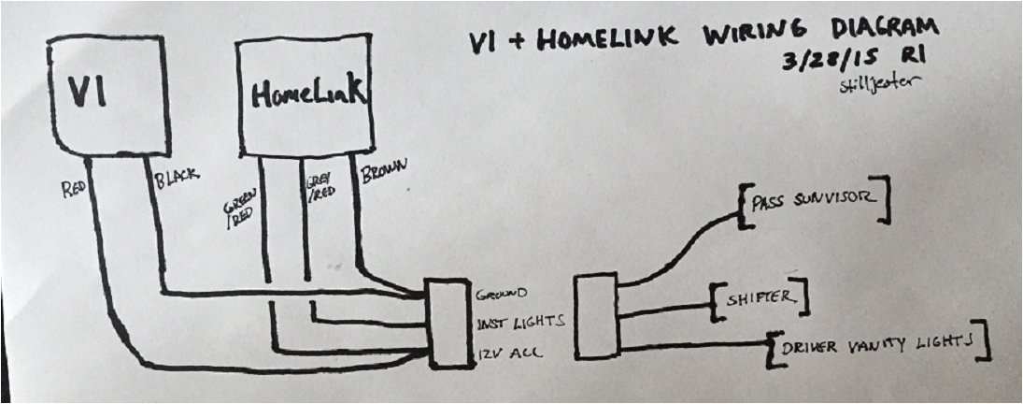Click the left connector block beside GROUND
coord(449,321)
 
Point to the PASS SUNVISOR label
coord(809,200)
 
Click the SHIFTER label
coord(759,298)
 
